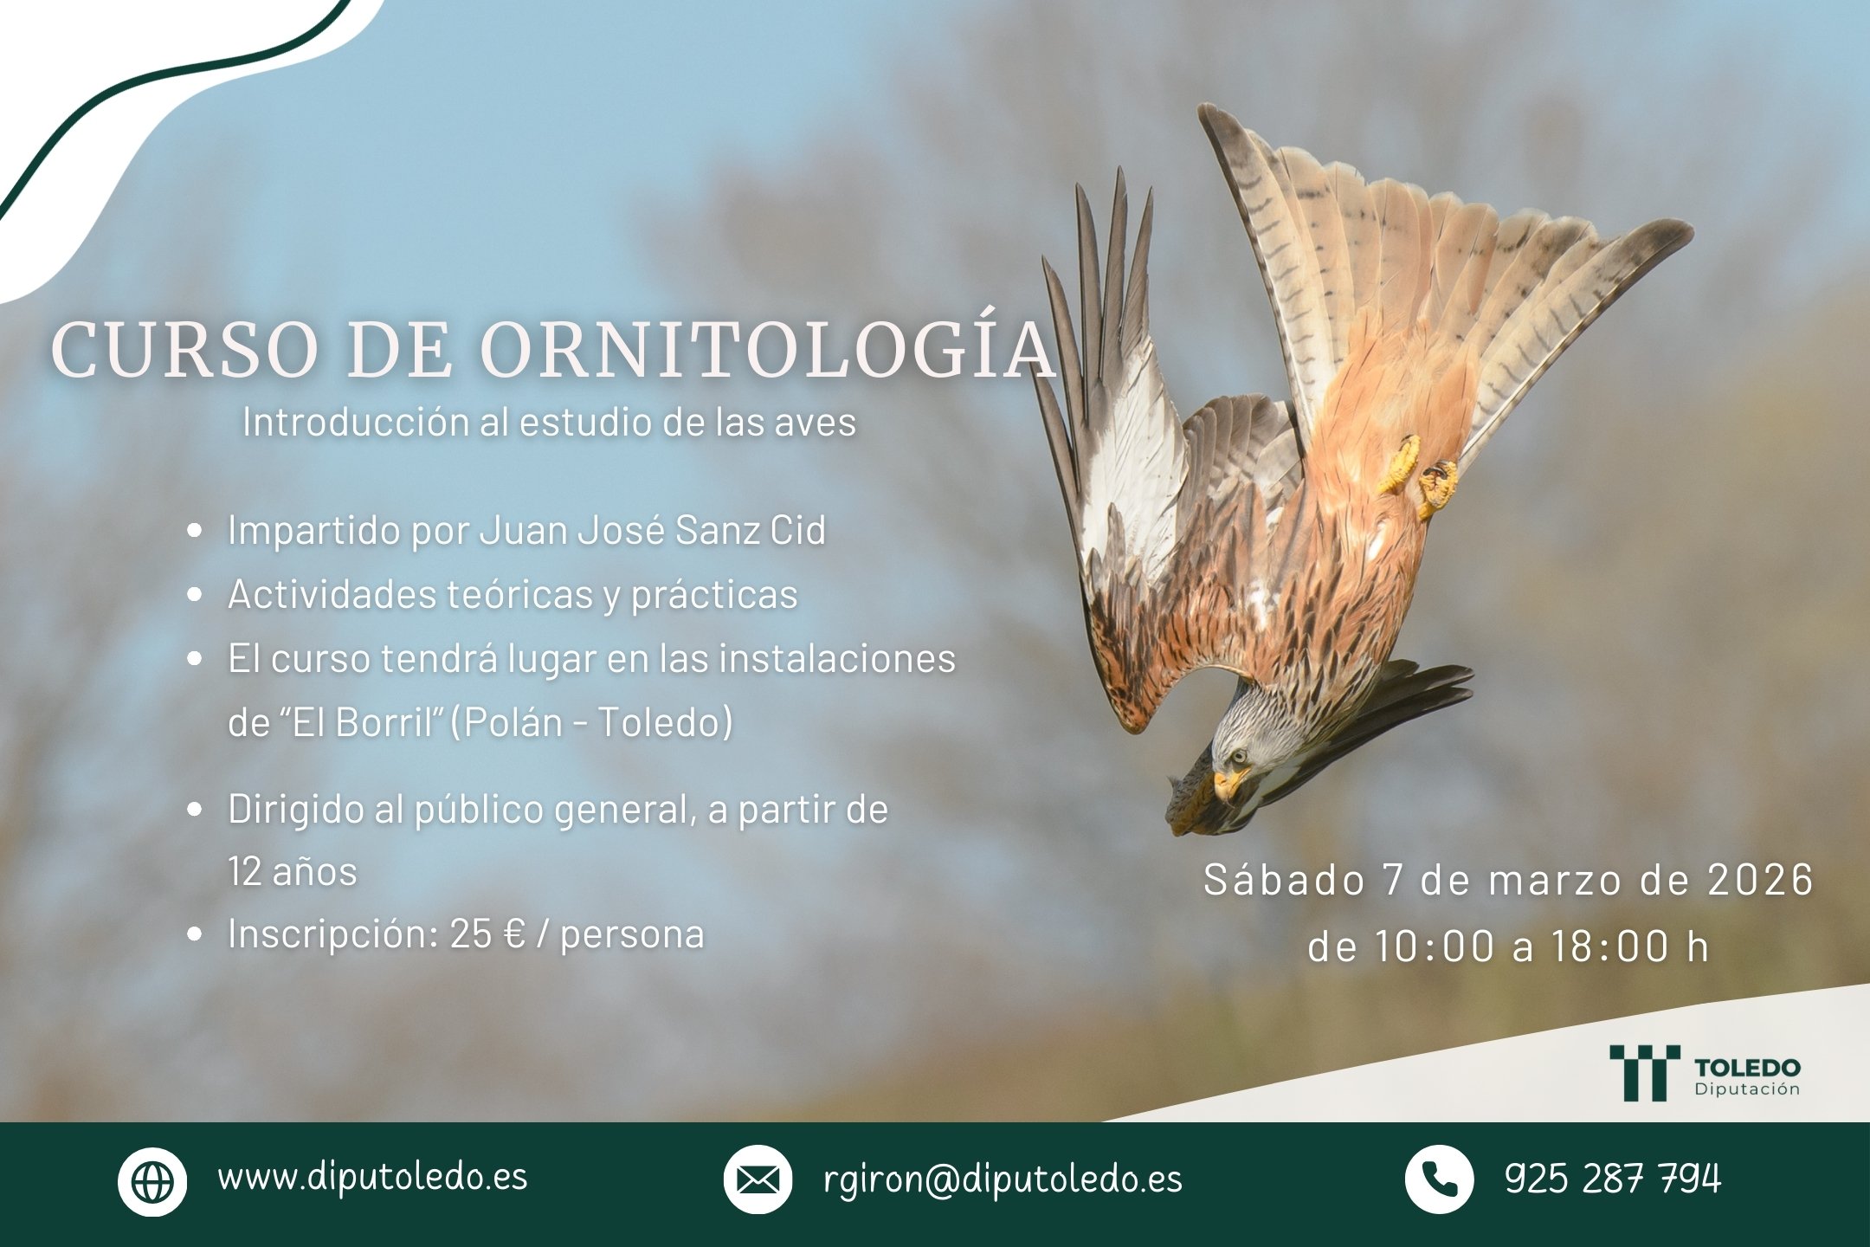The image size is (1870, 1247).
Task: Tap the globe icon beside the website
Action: (152, 1180)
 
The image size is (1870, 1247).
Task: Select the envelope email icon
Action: (758, 1179)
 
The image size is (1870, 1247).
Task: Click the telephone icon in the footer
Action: (1439, 1179)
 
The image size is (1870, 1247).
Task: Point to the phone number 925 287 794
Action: (1613, 1179)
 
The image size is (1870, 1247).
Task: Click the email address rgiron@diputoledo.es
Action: (1003, 1179)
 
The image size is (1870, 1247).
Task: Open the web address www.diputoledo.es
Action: (372, 1177)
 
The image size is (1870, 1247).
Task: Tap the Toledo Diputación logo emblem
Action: (1644, 1072)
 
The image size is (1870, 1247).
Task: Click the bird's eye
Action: (1238, 756)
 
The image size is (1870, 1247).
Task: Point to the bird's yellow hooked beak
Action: (1226, 785)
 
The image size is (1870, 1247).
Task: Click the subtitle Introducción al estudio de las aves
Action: (549, 423)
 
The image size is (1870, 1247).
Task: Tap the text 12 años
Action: (293, 871)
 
